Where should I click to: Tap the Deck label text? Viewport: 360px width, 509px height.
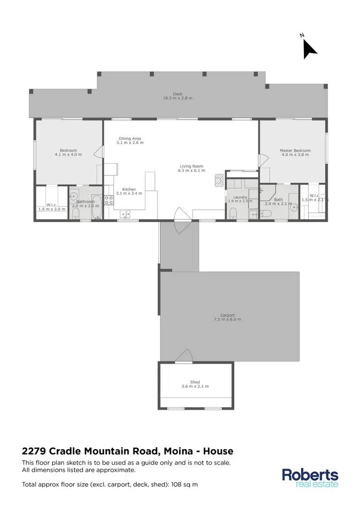coord(178,94)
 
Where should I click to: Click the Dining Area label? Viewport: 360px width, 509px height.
coord(131,139)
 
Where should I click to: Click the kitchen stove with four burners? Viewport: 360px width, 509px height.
coord(109,200)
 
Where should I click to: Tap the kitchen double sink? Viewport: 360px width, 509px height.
coord(125,214)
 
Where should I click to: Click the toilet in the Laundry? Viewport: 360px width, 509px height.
coord(233,213)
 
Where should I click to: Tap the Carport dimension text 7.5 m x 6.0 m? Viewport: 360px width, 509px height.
coord(227,319)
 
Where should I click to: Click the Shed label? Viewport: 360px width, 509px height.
coord(195,382)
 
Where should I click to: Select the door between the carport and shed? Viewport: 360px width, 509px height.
coord(184,355)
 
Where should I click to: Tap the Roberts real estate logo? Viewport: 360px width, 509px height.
coord(310,478)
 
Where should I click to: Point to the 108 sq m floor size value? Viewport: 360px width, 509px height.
coord(185,485)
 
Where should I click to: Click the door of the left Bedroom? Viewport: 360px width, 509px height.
coord(98,153)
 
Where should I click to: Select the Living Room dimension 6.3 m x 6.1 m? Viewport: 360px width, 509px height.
coord(191,170)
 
